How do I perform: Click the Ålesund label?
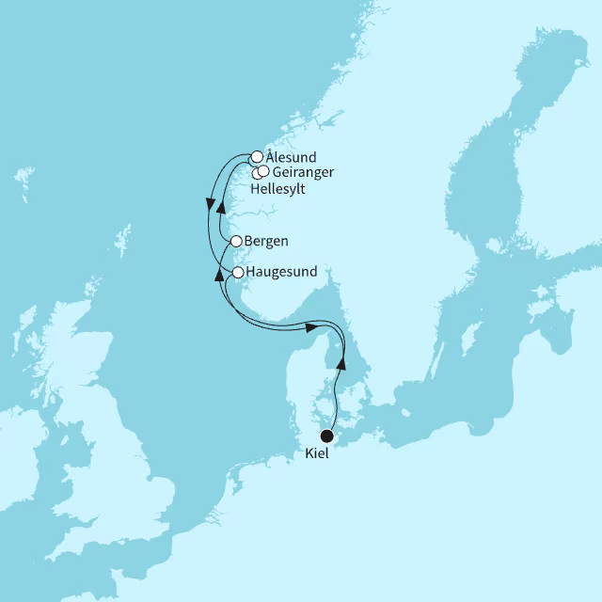click(x=291, y=157)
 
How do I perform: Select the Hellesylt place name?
click(x=279, y=188)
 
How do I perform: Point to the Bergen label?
click(x=265, y=242)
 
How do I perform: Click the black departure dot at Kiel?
click(x=327, y=436)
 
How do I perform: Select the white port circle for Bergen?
click(x=236, y=242)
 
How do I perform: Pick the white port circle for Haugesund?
click(x=238, y=272)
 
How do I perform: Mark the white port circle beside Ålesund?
click(x=256, y=157)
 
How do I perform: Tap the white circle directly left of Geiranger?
click(x=263, y=171)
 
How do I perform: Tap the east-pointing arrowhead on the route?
click(x=308, y=327)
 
